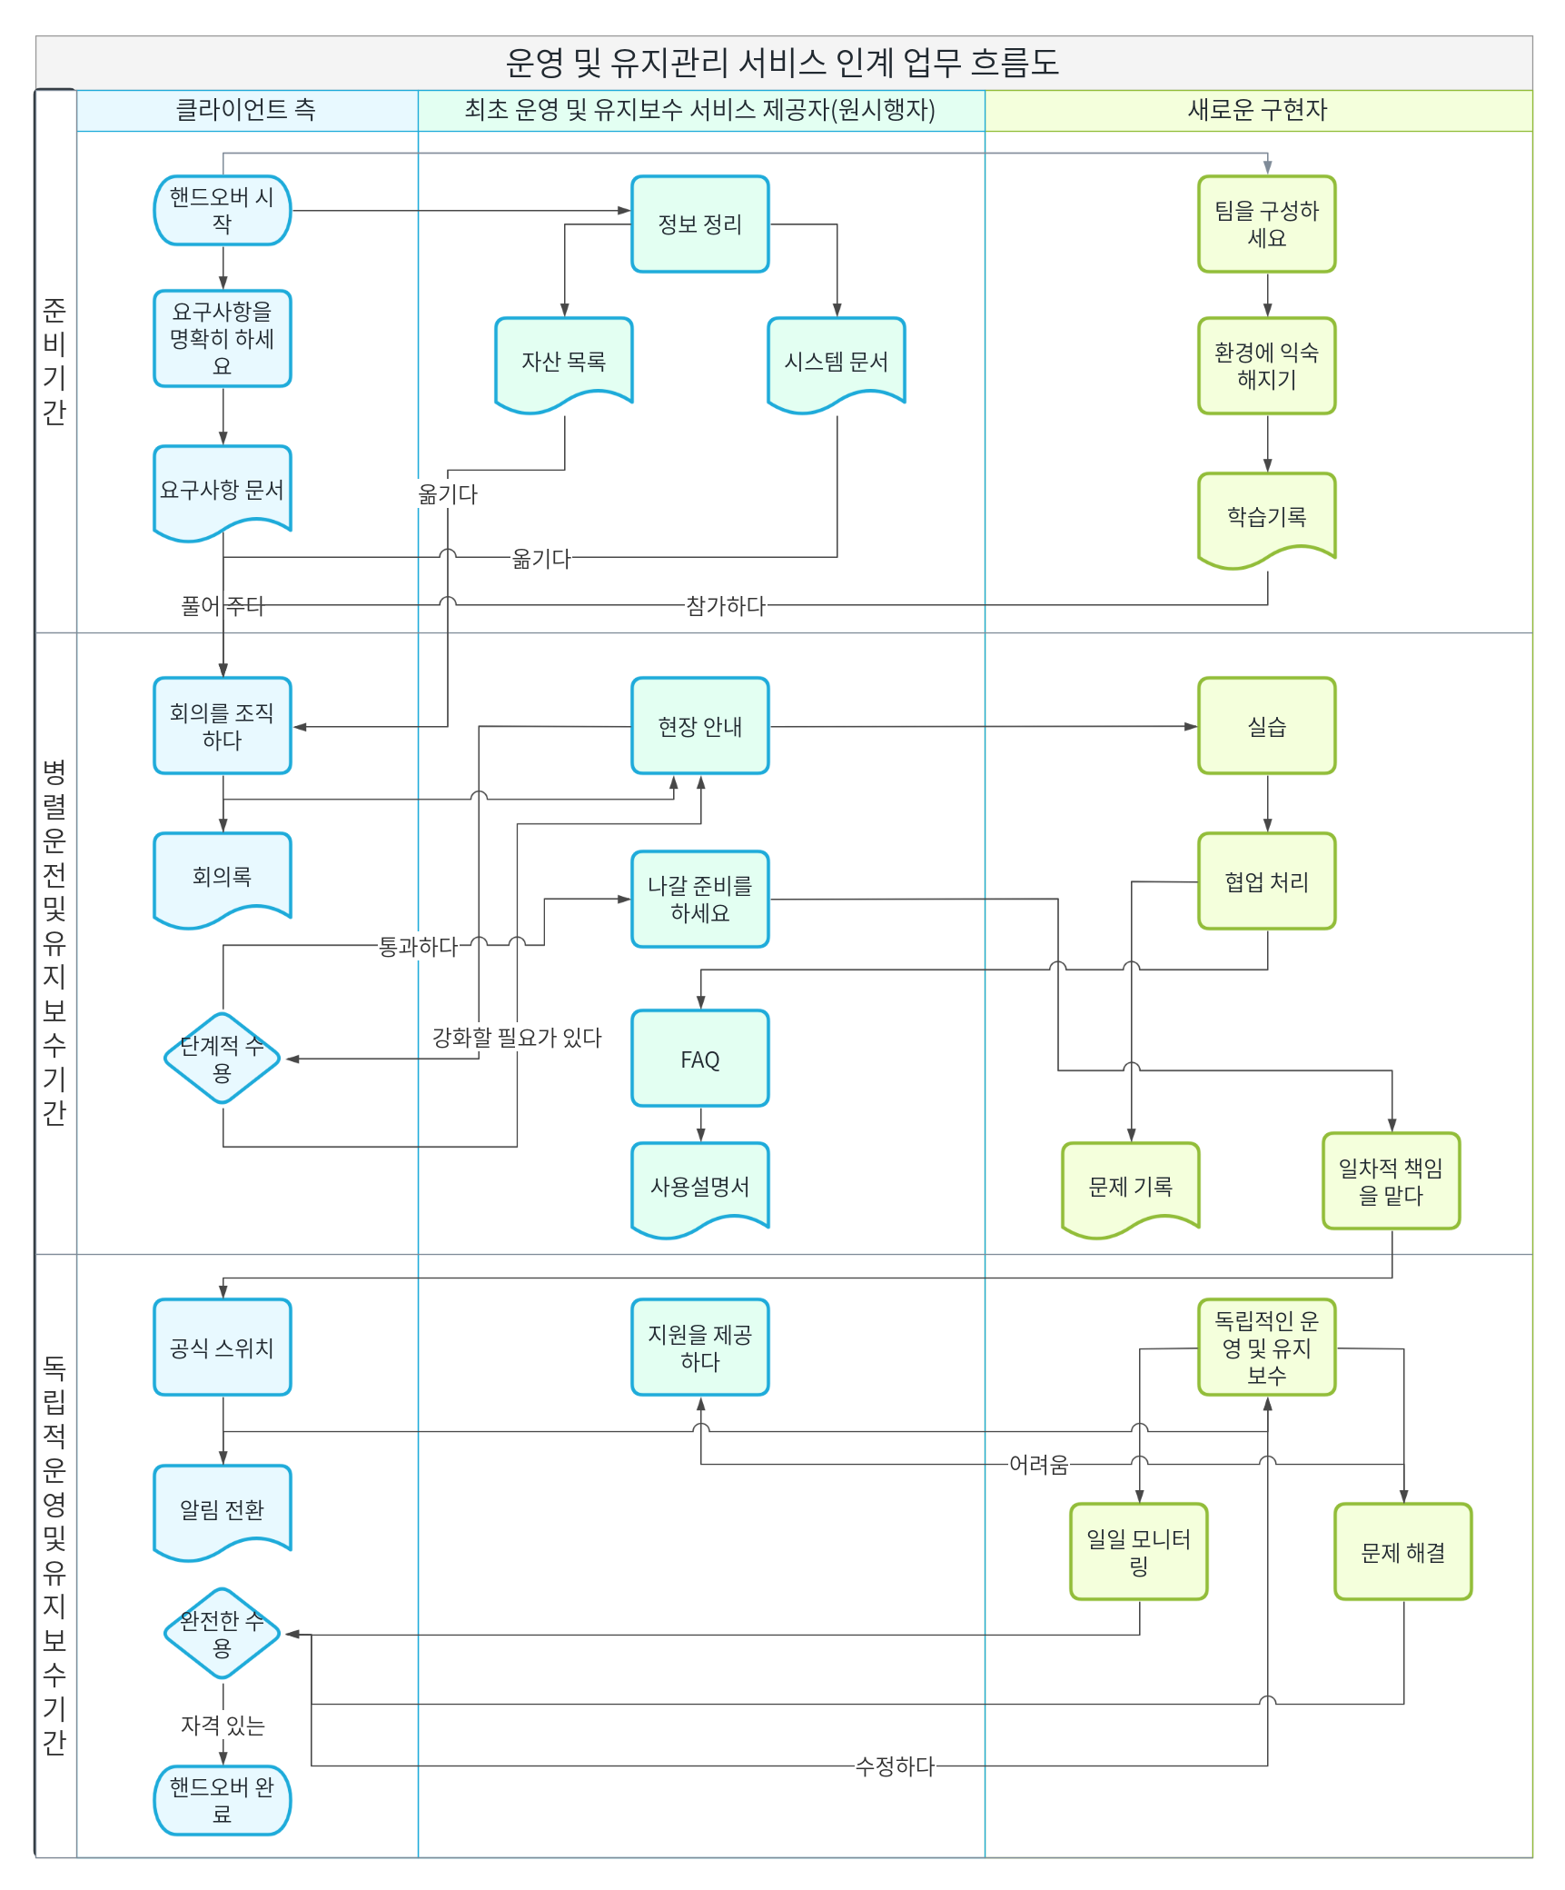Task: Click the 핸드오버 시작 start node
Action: pos(223,211)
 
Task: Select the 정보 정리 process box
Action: pos(700,224)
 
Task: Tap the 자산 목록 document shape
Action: pos(564,364)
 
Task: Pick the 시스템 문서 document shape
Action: pos(837,364)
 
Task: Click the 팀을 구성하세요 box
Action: pos(1267,224)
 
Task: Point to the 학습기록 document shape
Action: pos(1267,521)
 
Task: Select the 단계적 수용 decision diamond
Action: pos(223,1059)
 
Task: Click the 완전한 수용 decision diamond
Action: pos(223,1634)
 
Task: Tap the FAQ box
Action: pos(700,1059)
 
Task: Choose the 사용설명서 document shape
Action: pos(700,1190)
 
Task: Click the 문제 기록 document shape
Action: pos(1131,1190)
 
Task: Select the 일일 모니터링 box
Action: pos(1139,1552)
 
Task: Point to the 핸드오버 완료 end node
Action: pos(223,1800)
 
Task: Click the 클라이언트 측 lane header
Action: pos(246,110)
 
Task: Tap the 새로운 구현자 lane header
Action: pos(1258,110)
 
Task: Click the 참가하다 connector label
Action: pos(726,605)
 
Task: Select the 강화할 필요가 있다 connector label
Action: pos(517,1038)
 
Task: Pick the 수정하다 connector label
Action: pos(895,1766)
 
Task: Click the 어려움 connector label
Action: pos(1039,1465)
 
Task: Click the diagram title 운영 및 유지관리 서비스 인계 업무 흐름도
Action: pos(782,63)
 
